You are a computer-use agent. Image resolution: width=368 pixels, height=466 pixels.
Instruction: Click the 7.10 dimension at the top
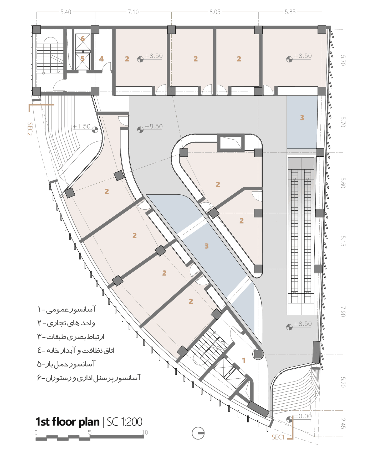(x=133, y=12)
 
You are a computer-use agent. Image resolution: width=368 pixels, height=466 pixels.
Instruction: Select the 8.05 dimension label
(x=215, y=12)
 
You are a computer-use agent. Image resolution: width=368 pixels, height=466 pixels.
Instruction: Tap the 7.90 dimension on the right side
(x=343, y=311)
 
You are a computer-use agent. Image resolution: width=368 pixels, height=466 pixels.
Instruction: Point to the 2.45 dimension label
(x=343, y=423)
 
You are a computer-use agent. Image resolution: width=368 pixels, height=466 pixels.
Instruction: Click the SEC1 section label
(x=278, y=437)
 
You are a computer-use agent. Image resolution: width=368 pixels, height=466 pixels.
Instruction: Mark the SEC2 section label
(x=30, y=129)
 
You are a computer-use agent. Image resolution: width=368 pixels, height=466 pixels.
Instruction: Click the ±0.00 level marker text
(x=303, y=416)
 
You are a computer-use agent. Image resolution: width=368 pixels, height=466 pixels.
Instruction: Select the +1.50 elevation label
(x=82, y=126)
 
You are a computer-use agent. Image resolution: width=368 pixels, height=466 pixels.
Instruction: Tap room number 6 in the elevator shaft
(x=83, y=39)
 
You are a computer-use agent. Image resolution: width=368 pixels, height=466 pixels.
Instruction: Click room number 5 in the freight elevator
(x=83, y=59)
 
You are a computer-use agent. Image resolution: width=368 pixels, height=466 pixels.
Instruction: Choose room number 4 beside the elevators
(x=101, y=59)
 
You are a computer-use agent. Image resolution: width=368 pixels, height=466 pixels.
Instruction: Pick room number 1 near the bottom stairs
(x=244, y=360)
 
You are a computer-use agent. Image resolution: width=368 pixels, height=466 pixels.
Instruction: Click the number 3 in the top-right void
(x=302, y=118)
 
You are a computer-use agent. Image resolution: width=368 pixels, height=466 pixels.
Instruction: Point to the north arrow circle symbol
(x=198, y=433)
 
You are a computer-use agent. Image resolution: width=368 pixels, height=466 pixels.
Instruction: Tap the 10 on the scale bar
(x=145, y=432)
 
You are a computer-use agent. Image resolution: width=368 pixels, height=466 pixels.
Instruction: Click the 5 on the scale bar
(x=90, y=432)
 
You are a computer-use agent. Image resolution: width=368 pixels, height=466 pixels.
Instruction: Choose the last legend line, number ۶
(x=89, y=378)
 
